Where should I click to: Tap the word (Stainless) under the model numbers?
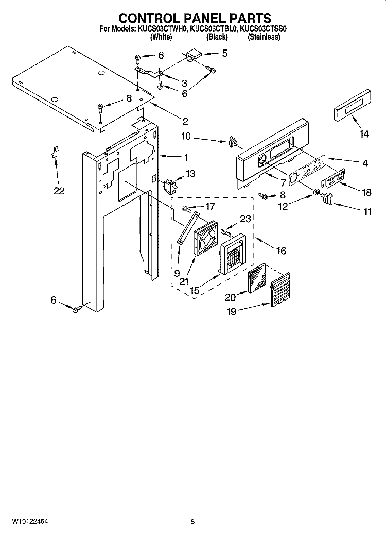tap(264, 37)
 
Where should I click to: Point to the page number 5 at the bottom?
tap(192, 522)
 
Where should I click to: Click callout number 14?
tap(364, 134)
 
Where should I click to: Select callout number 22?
tap(59, 191)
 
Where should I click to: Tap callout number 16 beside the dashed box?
tap(281, 251)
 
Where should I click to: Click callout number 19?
tap(232, 312)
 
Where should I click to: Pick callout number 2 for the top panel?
tap(185, 121)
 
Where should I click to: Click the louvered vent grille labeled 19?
tap(280, 289)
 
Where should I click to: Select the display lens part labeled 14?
tap(353, 105)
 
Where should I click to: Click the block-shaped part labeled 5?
tap(194, 55)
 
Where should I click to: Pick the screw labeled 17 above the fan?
tap(187, 208)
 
